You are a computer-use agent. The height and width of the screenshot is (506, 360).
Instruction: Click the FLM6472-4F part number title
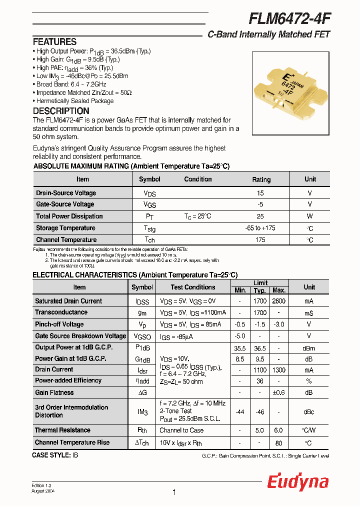click(x=289, y=18)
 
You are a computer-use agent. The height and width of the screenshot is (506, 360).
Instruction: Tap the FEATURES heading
click(x=54, y=42)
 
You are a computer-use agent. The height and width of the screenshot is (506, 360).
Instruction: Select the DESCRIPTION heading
click(x=61, y=111)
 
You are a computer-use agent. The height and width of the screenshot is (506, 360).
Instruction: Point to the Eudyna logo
click(x=297, y=482)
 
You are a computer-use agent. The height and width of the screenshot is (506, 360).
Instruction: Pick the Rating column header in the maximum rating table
click(x=261, y=179)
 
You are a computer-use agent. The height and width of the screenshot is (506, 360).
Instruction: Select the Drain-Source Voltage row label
click(x=66, y=193)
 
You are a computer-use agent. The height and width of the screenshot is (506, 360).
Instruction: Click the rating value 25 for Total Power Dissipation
click(x=260, y=216)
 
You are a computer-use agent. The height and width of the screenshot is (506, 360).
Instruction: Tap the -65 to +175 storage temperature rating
click(x=260, y=228)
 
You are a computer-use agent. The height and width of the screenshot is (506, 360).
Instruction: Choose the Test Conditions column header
click(x=192, y=287)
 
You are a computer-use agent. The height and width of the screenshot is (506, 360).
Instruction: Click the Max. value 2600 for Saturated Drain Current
click(x=278, y=301)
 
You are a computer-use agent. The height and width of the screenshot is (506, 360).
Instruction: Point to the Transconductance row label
click(x=61, y=312)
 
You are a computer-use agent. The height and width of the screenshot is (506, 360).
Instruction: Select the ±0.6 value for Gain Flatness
click(x=278, y=393)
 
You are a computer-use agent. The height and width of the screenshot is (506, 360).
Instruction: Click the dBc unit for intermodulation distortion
click(x=309, y=411)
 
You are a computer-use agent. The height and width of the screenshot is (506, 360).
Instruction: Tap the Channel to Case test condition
click(x=181, y=430)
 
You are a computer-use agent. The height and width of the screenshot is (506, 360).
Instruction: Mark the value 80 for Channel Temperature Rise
click(x=278, y=442)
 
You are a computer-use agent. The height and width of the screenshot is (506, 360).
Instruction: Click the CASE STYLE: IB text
click(x=55, y=455)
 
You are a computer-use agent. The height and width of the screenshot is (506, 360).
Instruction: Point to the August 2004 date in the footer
click(x=42, y=491)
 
